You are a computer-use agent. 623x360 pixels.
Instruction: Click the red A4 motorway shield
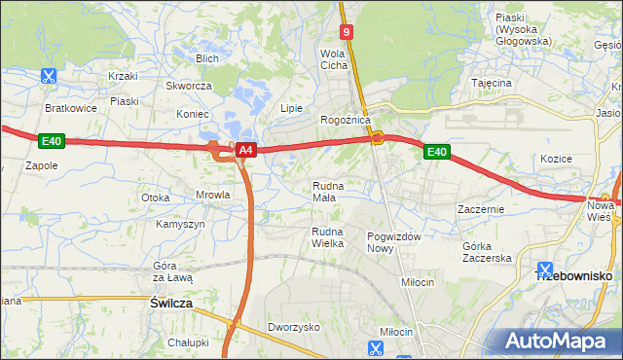coord(246,150)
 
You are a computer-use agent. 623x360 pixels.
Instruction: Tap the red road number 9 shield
coord(347,32)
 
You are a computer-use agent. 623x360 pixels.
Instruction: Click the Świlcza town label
coord(171,304)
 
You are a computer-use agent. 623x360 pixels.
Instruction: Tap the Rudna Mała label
coord(324,191)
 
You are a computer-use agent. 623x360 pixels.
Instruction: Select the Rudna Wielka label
coord(328,237)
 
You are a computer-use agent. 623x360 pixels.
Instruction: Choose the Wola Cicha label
coord(334,59)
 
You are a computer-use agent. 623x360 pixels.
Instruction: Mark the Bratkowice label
coord(71,108)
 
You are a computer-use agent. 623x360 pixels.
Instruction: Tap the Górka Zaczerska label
coord(487,252)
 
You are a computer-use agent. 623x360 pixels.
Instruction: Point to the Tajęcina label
coord(491,84)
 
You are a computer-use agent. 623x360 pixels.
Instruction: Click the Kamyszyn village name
coord(180,224)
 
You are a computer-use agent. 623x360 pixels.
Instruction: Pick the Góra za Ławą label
coord(173,271)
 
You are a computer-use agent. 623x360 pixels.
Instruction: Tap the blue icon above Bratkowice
coord(50,76)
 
